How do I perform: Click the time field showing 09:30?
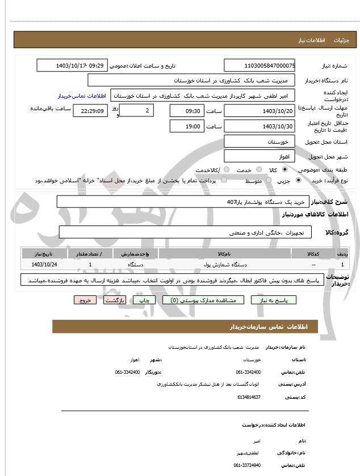coord(186,111)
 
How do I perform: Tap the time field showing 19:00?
coord(186,126)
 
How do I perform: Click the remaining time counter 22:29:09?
coord(90,111)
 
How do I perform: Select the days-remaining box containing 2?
coord(136,111)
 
